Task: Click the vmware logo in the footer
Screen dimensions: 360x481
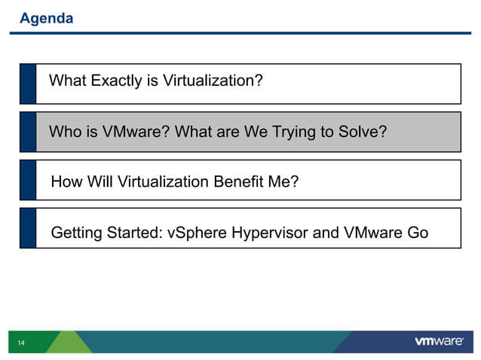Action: (x=440, y=342)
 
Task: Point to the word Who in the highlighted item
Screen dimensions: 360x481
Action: (x=64, y=133)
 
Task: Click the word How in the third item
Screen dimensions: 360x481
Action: (x=65, y=182)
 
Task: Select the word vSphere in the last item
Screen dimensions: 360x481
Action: (x=195, y=233)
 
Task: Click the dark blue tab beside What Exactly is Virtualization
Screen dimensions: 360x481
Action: (x=28, y=83)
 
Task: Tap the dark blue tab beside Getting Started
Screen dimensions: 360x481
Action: (x=28, y=228)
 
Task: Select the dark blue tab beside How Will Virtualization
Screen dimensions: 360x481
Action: (x=28, y=179)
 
